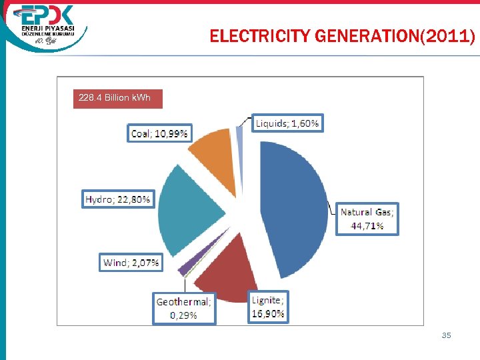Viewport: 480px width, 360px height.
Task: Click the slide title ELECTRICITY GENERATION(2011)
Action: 342,36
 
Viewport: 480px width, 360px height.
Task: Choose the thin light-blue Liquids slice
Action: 239,135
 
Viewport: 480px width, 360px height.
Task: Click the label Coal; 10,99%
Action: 159,133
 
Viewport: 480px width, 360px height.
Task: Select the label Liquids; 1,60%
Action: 287,123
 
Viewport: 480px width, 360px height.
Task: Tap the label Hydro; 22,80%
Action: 118,199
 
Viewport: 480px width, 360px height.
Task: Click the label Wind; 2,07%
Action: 131,263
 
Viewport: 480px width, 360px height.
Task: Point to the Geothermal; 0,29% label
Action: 183,309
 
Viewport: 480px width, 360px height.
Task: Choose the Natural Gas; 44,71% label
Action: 367,219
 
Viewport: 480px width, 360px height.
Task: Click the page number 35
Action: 446,335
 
